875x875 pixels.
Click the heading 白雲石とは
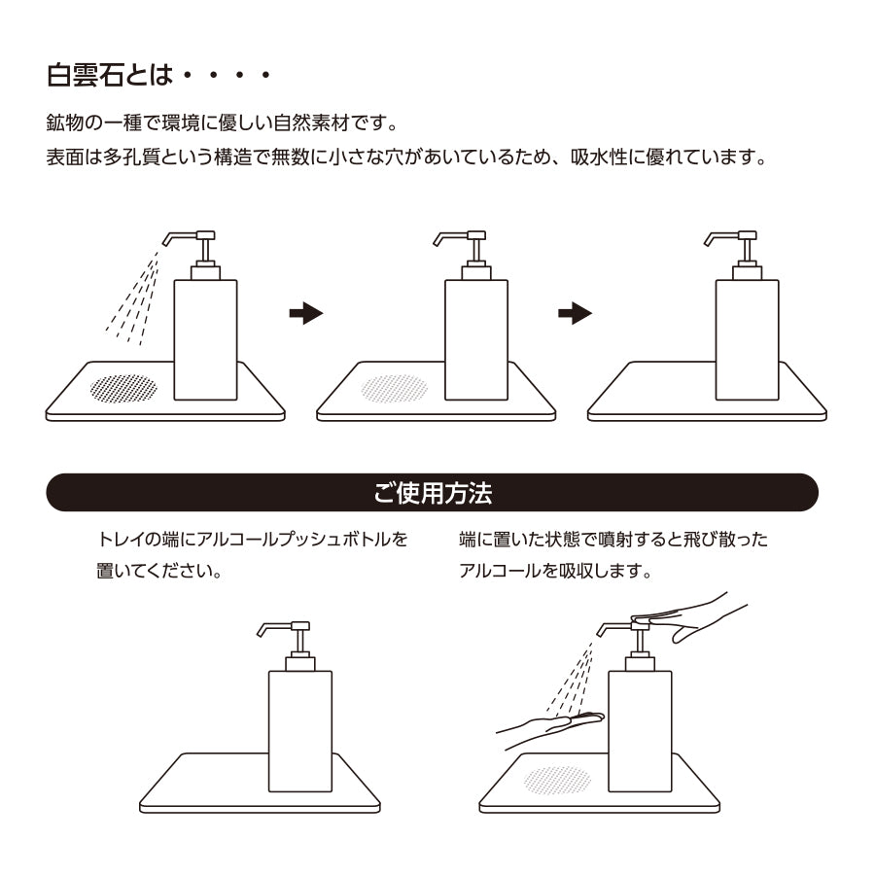click(x=110, y=75)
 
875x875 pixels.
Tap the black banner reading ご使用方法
click(x=432, y=492)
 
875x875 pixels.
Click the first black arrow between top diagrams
click(x=306, y=313)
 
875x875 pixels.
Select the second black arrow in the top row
click(x=575, y=313)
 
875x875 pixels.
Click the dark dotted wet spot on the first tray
click(x=123, y=388)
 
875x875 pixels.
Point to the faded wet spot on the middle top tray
click(x=395, y=388)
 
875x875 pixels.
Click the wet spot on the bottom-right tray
click(x=557, y=780)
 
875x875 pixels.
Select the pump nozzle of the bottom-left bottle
click(x=284, y=629)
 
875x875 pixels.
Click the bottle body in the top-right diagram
click(x=748, y=340)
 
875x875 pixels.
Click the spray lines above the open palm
click(x=571, y=680)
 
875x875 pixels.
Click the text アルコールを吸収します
click(x=555, y=571)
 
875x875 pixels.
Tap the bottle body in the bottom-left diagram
click(x=300, y=731)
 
